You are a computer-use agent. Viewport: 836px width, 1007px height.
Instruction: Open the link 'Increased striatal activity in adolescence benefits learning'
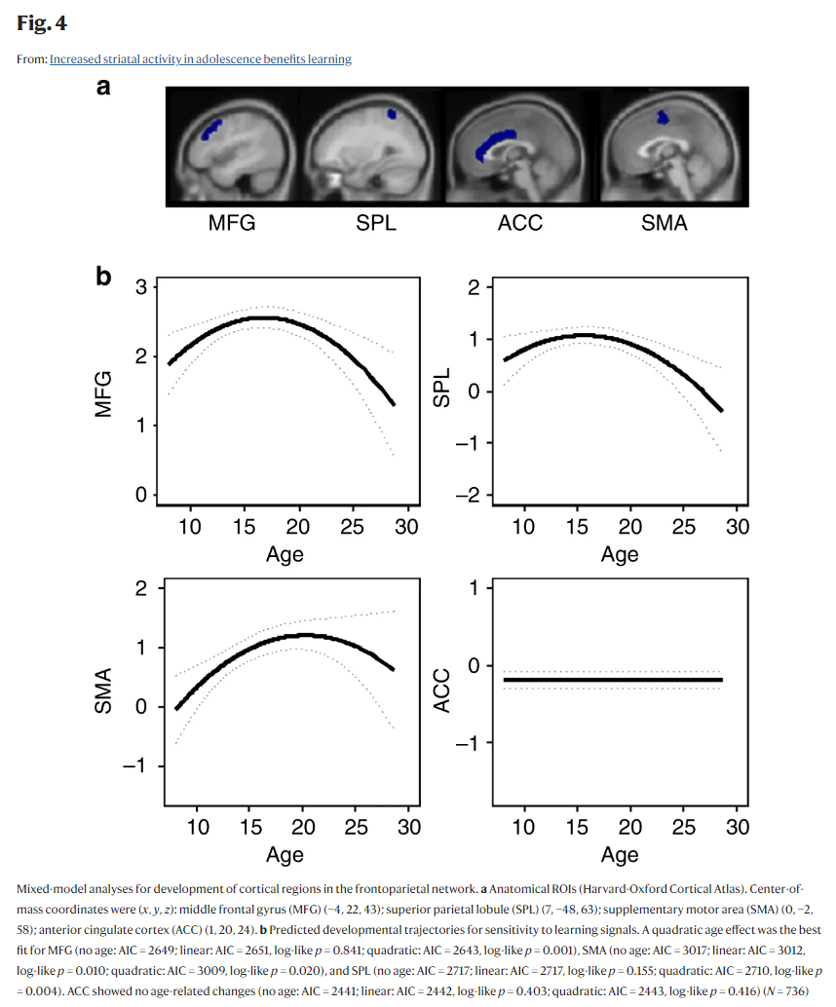[x=200, y=59]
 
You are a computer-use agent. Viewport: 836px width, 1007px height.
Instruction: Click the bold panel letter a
[x=103, y=89]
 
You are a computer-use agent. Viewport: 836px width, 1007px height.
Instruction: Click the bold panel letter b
[x=103, y=278]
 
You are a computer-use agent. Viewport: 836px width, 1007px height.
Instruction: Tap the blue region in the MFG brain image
[x=212, y=130]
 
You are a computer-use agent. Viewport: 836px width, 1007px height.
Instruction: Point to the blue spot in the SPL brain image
[x=392, y=114]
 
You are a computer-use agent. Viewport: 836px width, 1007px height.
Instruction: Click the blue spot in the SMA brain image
[x=664, y=117]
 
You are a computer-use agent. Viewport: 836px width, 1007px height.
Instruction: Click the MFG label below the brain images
[x=232, y=223]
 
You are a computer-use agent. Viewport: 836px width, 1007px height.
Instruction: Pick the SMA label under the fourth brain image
[x=664, y=223]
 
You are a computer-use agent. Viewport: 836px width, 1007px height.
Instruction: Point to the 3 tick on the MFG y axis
[x=141, y=287]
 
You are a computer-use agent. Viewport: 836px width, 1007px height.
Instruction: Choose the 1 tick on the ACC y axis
[x=475, y=588]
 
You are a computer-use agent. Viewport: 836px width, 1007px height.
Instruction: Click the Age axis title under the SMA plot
[x=285, y=855]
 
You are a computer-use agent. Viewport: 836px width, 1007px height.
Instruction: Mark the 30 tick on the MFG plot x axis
[x=406, y=527]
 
